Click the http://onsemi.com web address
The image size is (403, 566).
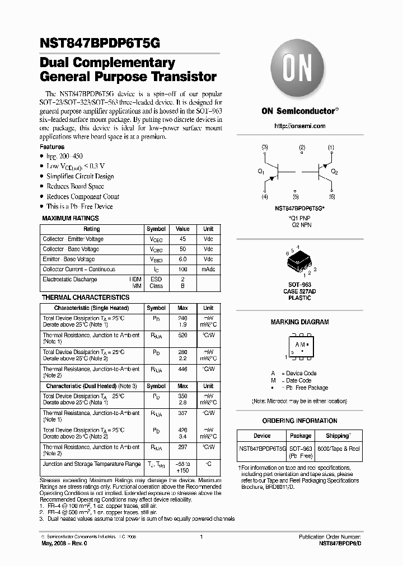point(300,126)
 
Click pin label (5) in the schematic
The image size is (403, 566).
point(296,197)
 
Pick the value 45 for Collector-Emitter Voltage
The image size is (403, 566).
point(182,239)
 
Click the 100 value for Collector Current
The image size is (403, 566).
point(182,270)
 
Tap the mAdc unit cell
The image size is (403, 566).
point(208,270)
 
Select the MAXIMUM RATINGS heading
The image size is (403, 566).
point(71,218)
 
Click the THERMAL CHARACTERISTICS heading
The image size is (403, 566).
point(86,298)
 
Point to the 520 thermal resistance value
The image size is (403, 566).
point(182,335)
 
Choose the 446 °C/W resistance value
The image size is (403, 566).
point(182,369)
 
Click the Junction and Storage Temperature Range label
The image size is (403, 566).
point(92,464)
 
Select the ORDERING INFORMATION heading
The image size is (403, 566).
point(300,421)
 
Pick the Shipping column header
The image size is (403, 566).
point(338,436)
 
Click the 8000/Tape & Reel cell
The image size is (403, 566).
point(339,449)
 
